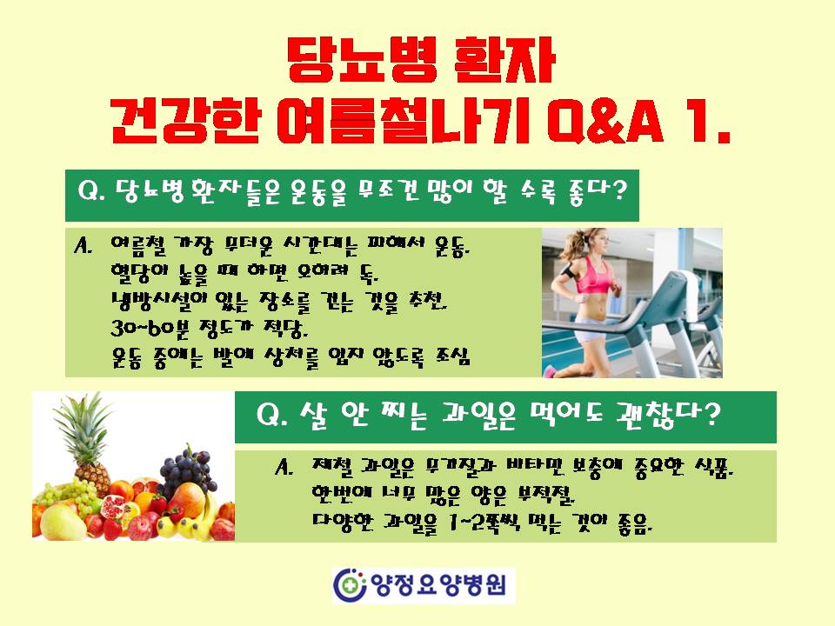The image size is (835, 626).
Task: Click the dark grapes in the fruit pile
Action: [188, 471]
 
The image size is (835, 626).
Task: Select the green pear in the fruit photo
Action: [62, 522]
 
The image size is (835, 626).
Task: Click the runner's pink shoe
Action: [549, 370]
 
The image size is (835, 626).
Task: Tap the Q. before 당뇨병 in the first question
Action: [91, 191]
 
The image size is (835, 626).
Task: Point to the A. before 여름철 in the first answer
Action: [83, 246]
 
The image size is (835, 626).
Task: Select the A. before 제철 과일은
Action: [284, 468]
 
